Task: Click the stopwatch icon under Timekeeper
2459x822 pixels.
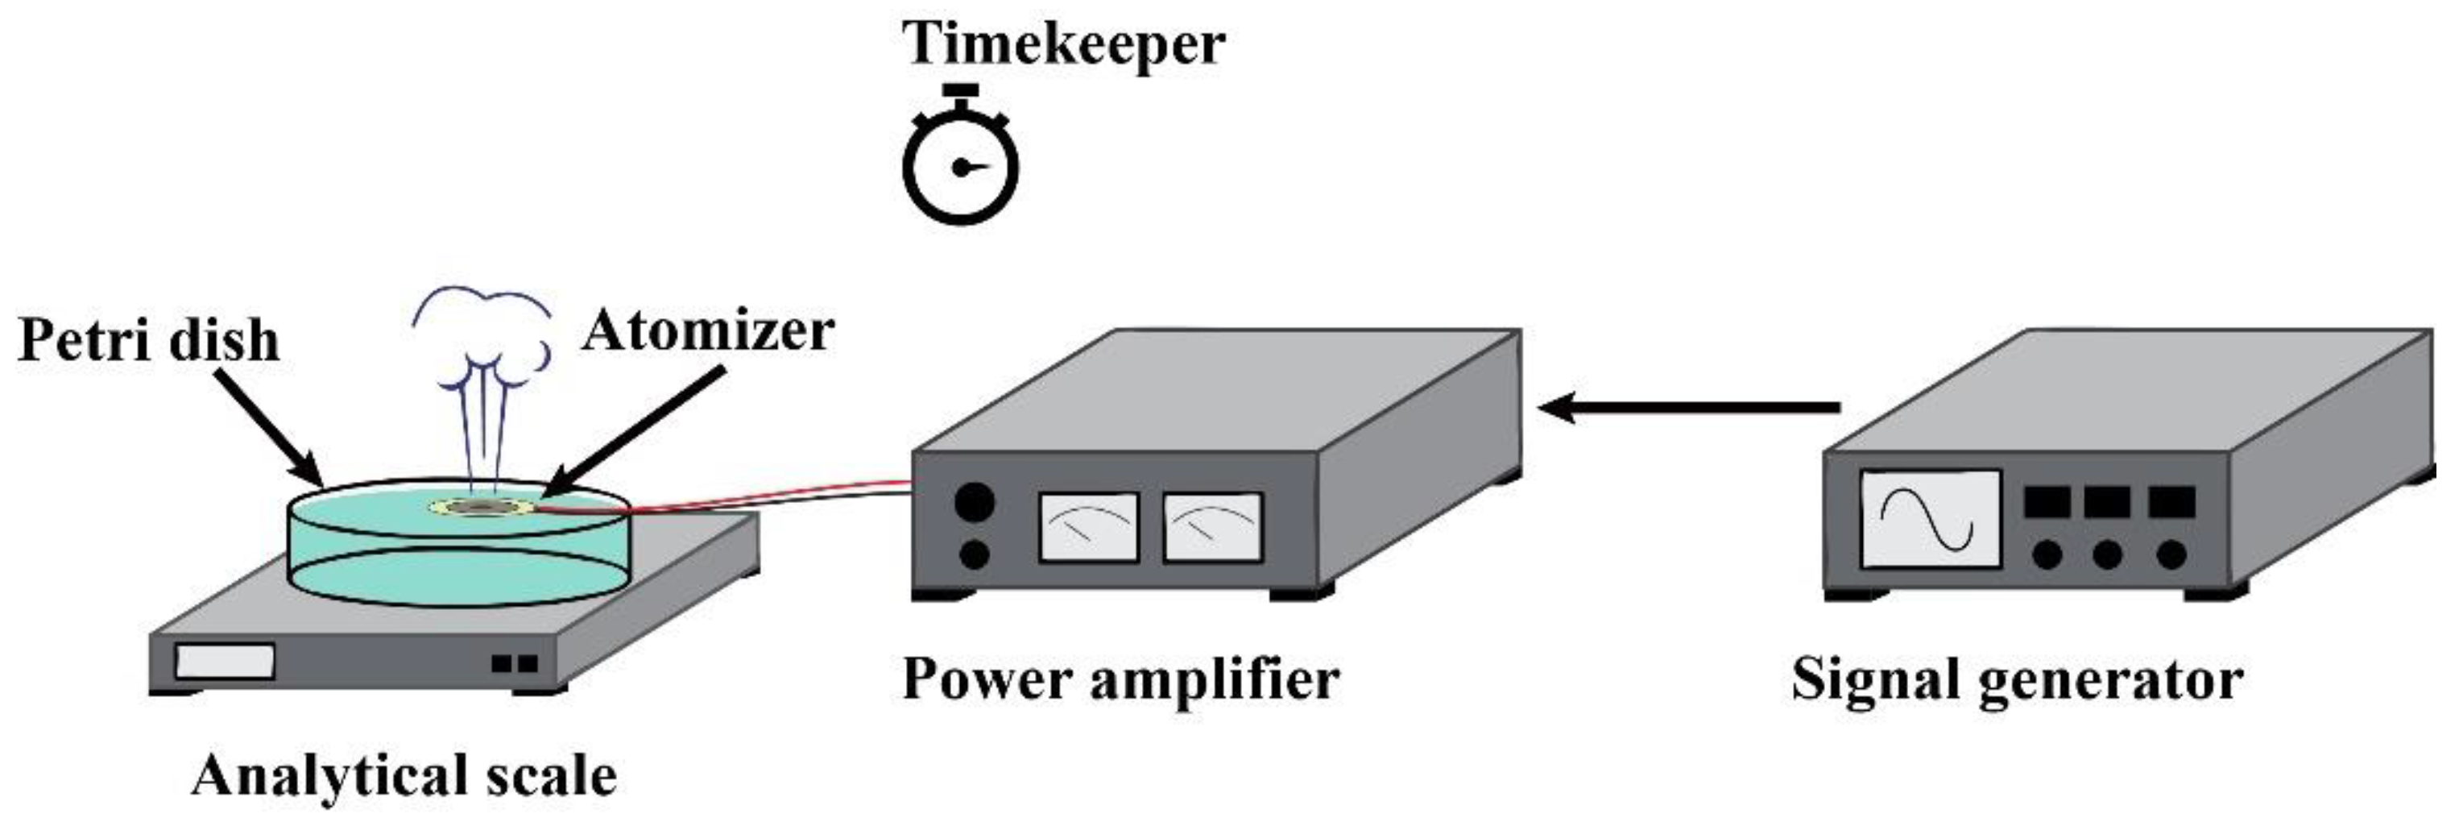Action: pos(960,164)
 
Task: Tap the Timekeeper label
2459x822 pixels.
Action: pos(1063,44)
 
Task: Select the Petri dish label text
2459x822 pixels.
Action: pos(149,341)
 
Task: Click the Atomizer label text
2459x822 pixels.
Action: pos(708,331)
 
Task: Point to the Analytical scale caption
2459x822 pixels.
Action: pos(404,775)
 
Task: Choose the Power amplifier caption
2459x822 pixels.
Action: pos(1120,679)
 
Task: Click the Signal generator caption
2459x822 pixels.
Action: pos(2017,679)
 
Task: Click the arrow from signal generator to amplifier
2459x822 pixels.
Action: pos(1690,408)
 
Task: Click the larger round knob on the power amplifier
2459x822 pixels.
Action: pos(975,501)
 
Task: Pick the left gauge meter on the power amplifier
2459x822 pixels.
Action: pos(1088,526)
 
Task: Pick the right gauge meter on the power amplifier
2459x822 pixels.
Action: pos(1212,526)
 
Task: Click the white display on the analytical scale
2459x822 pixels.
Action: pos(226,661)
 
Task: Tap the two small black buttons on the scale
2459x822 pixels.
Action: pos(515,662)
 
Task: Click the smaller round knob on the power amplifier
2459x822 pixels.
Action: pos(974,554)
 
